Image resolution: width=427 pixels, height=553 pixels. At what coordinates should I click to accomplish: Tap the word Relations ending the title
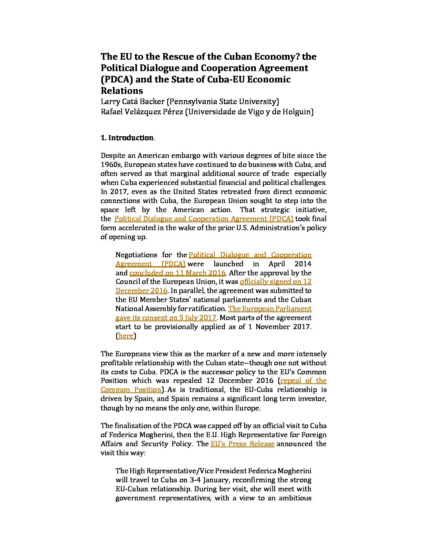click(122, 91)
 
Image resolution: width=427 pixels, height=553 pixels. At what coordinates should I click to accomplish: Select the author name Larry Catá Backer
click(132, 102)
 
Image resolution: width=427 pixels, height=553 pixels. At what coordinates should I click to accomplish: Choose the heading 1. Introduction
click(127, 138)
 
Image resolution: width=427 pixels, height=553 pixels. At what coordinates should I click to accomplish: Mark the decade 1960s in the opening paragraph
click(111, 165)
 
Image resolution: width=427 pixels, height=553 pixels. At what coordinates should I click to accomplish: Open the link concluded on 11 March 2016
click(177, 273)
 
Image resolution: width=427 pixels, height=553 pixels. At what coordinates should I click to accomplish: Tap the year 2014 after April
click(303, 264)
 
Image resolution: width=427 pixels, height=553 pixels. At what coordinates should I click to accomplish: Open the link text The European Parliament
click(270, 309)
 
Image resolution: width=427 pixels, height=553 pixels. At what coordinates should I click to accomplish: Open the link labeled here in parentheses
click(126, 336)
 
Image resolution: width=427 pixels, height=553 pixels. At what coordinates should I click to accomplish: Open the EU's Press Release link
click(242, 444)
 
